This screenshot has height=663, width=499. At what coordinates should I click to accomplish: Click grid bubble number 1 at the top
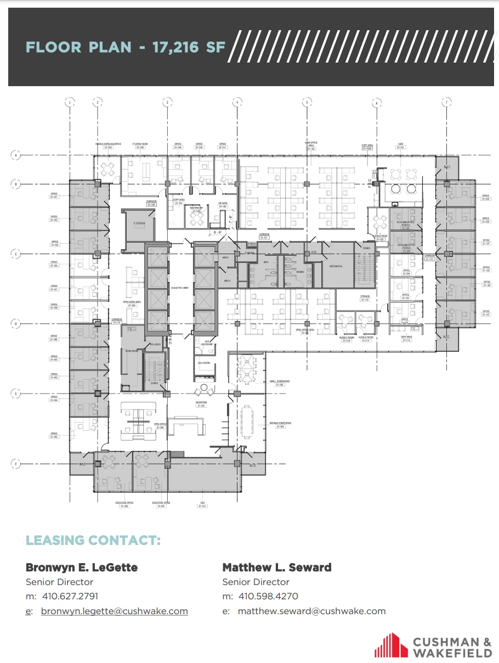(70, 102)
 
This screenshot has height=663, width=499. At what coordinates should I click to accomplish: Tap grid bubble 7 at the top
(447, 102)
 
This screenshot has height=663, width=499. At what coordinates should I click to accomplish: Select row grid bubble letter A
(16, 155)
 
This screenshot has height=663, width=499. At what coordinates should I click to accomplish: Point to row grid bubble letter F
(16, 464)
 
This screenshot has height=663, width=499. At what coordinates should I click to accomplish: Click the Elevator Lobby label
(180, 287)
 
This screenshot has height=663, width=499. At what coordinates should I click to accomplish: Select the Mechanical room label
(336, 266)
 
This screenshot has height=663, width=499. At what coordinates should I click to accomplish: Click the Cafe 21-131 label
(401, 146)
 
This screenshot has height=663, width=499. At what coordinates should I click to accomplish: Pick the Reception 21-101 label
(201, 404)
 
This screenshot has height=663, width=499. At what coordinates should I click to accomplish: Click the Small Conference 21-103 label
(280, 383)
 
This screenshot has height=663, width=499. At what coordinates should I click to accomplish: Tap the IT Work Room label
(140, 145)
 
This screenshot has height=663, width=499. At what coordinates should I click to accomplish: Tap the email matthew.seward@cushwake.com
(311, 611)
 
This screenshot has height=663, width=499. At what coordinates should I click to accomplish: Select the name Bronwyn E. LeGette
(82, 567)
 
